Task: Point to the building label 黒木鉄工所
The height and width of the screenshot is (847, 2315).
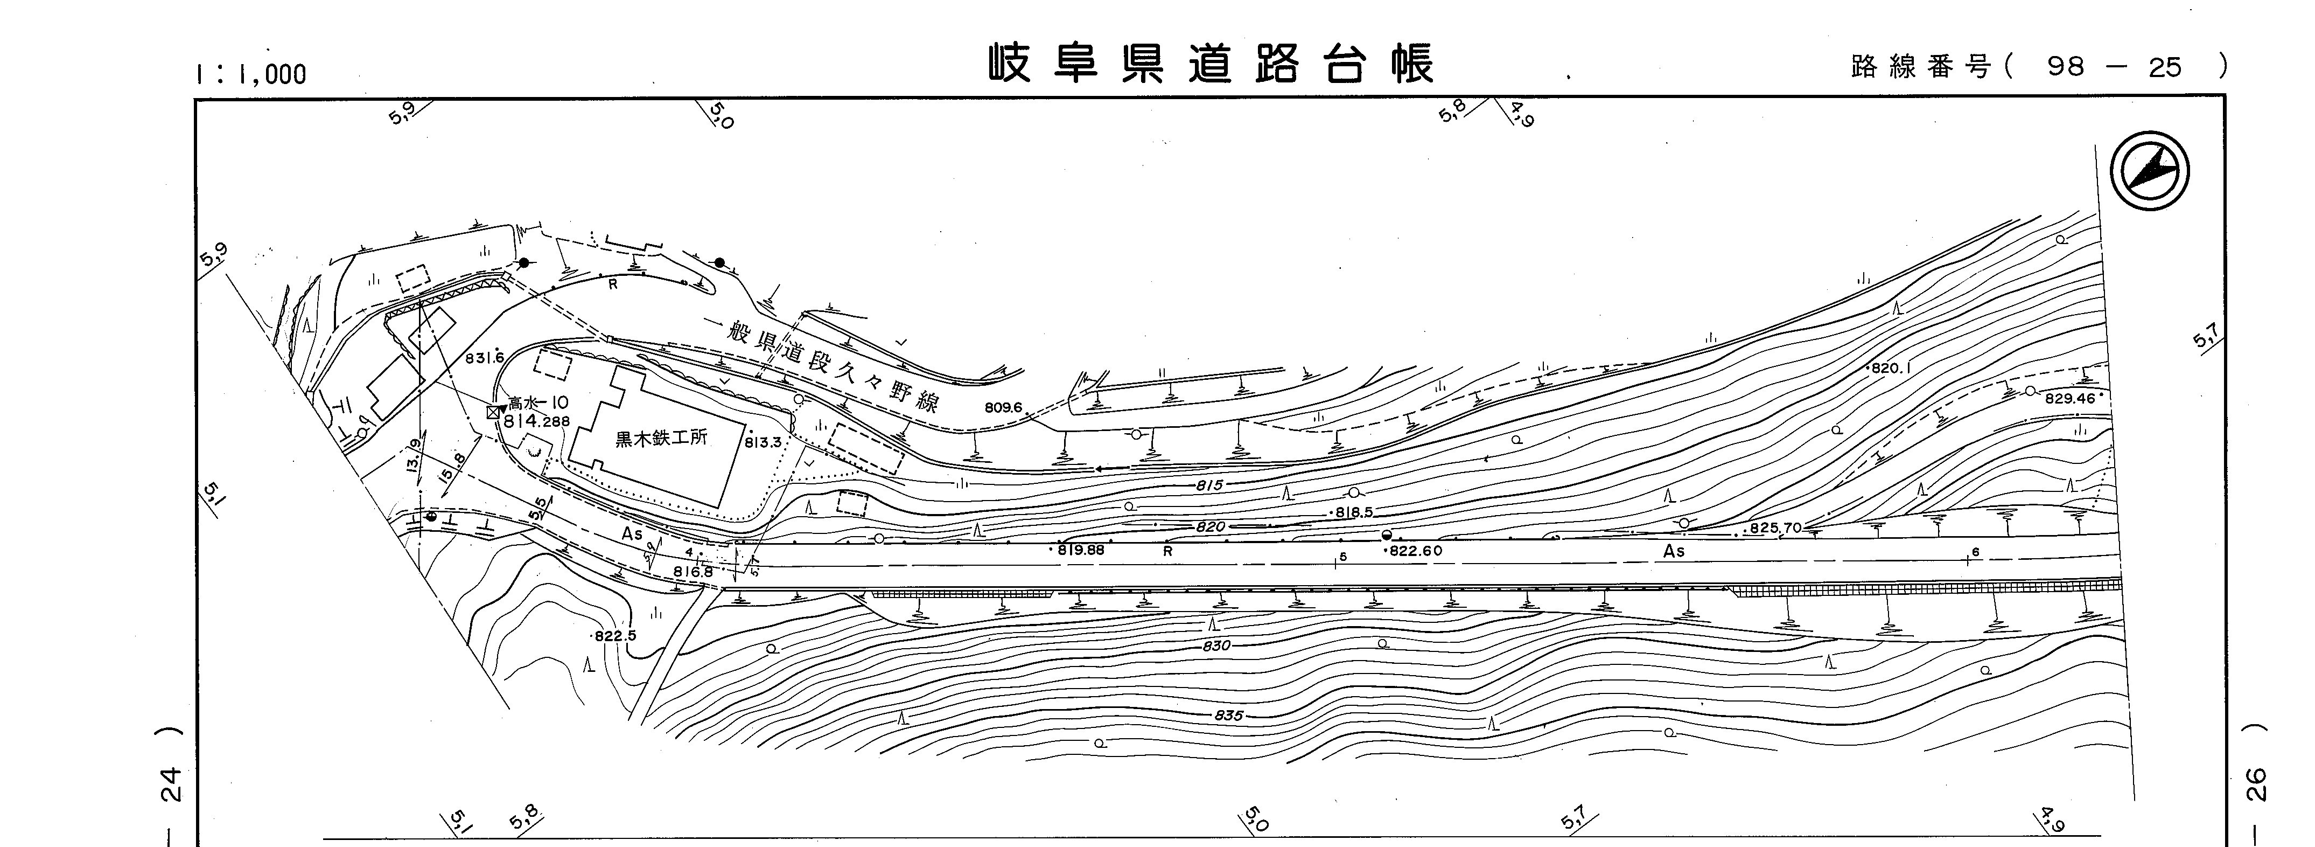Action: coord(661,439)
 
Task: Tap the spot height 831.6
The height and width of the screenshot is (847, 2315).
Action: coord(485,358)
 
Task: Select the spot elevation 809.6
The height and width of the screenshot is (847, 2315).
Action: coord(1003,407)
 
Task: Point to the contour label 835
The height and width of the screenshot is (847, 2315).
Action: coord(1228,716)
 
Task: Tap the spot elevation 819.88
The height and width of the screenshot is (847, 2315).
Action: coord(1081,550)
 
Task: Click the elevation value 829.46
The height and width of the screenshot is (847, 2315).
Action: coord(2069,398)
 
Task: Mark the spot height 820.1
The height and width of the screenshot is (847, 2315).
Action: coord(1891,369)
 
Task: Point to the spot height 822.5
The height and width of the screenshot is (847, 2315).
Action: coord(616,636)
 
